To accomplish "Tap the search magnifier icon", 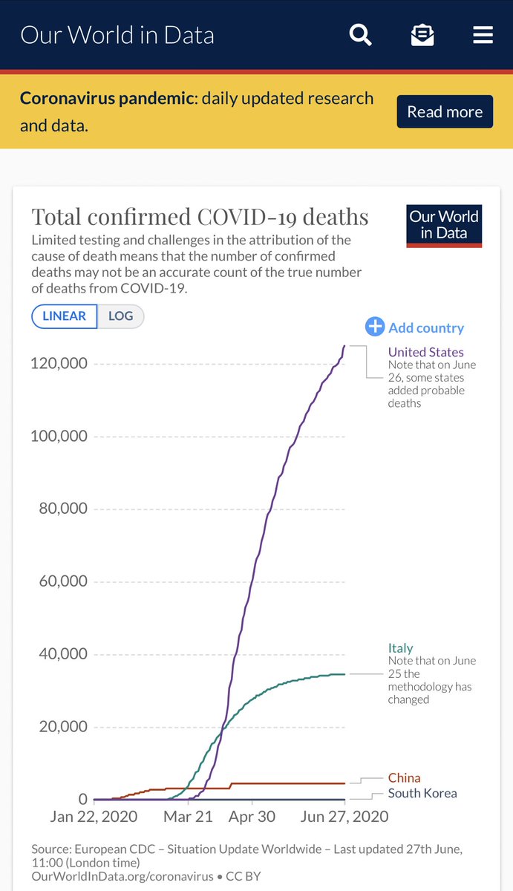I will (361, 35).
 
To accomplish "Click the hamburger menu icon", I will (483, 35).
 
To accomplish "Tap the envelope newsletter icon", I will (422, 35).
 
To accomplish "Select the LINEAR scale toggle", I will (65, 316).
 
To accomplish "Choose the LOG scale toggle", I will (121, 316).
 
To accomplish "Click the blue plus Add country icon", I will (375, 327).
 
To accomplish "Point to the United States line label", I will (425, 352).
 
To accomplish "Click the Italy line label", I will (400, 648).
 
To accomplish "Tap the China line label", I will (404, 778).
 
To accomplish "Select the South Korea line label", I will (422, 793).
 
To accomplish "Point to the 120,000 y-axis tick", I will (59, 363).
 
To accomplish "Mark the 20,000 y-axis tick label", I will (62, 727).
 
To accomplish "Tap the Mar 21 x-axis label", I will (189, 816).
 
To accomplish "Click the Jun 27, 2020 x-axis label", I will (344, 816).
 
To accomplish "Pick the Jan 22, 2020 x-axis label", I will (94, 816).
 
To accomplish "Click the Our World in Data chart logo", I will (445, 226).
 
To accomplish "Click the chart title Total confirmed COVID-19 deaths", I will (200, 217).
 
